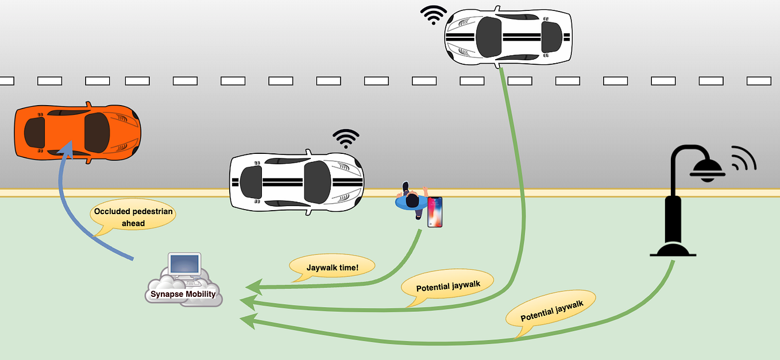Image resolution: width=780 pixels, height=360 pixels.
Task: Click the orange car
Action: pyautogui.click(x=77, y=132)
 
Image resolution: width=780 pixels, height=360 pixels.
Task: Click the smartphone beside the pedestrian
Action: pyautogui.click(x=435, y=211)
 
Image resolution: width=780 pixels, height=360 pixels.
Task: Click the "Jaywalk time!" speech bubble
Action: pyautogui.click(x=333, y=267)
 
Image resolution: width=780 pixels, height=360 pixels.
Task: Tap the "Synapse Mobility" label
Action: pyautogui.click(x=183, y=295)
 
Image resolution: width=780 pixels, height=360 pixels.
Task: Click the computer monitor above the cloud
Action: pyautogui.click(x=184, y=265)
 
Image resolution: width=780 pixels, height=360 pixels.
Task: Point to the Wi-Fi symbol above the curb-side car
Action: pyautogui.click(x=346, y=138)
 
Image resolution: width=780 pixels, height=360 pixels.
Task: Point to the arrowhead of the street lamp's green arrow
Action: pyautogui.click(x=247, y=320)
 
